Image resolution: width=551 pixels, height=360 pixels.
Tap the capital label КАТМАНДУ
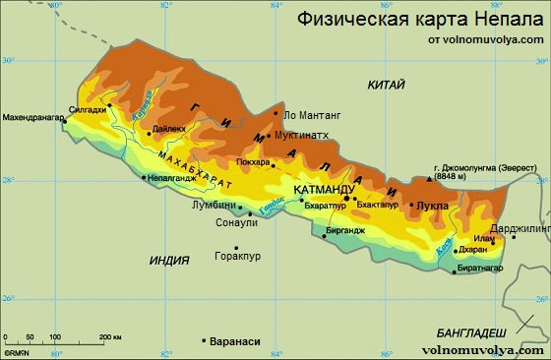coord(324,188)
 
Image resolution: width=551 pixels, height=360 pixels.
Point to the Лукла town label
coord(433,206)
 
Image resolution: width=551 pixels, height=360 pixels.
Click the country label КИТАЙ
coord(386,86)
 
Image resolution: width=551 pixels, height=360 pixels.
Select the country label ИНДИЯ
coord(168,260)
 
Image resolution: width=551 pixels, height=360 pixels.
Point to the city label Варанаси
coord(235,341)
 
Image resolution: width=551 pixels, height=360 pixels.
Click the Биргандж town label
coord(343,230)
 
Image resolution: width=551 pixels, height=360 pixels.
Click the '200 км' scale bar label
coord(109,337)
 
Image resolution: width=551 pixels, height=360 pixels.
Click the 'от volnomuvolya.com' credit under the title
coord(485,39)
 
